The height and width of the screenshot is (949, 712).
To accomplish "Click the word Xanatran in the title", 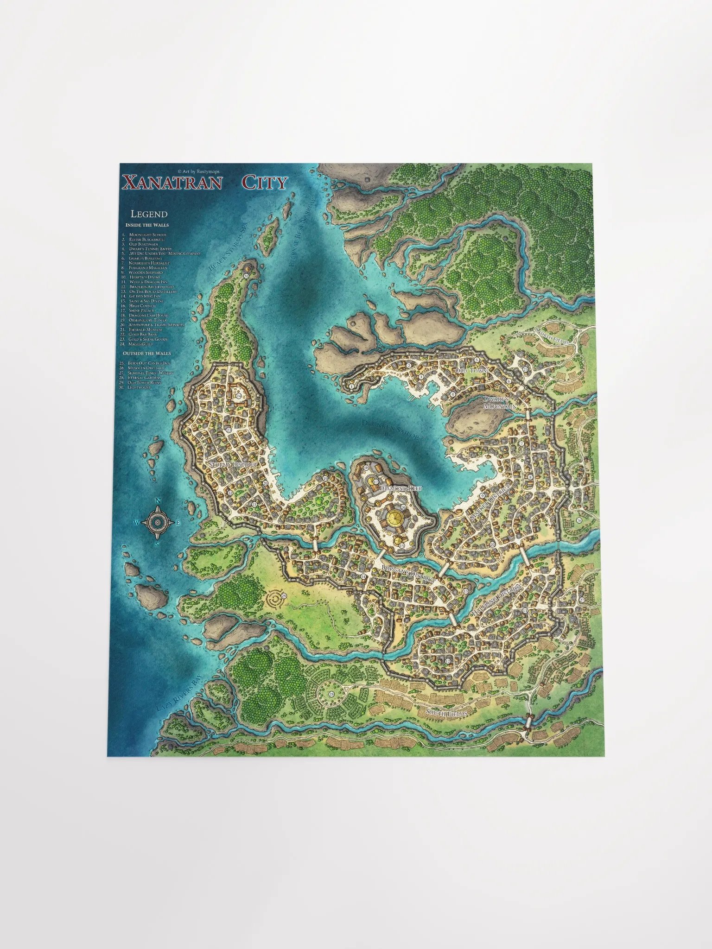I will pyautogui.click(x=172, y=183).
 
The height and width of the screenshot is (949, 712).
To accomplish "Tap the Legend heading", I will pyautogui.click(x=149, y=214).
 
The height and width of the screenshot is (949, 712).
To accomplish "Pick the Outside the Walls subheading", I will pyautogui.click(x=146, y=354).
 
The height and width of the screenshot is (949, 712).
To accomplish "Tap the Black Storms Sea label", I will pyautogui.click(x=228, y=246).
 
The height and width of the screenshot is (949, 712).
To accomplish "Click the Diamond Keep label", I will pyautogui.click(x=400, y=488).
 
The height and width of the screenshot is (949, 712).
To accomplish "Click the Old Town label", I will pyautogui.click(x=471, y=371).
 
